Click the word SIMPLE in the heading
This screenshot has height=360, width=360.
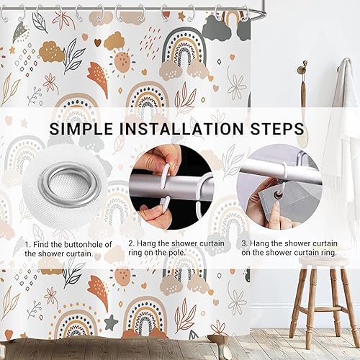point(81,129)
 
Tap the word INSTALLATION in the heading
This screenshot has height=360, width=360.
point(181,129)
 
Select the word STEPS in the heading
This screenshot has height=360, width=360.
point(277,129)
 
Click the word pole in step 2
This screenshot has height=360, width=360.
point(177,253)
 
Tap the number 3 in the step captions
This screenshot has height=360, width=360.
point(244,243)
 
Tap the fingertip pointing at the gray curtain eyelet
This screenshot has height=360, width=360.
point(276,204)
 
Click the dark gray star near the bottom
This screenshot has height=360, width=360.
point(111,322)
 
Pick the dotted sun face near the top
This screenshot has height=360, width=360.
point(122,61)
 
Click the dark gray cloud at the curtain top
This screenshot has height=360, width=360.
point(216,28)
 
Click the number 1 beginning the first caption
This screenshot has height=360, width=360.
point(27,245)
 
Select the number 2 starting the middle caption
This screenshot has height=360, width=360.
point(131,243)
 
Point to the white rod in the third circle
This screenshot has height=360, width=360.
point(281,171)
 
